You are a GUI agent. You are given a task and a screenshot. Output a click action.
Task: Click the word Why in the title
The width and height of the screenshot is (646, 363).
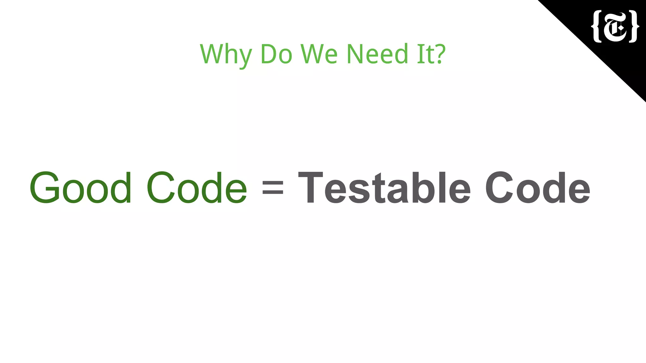(x=226, y=55)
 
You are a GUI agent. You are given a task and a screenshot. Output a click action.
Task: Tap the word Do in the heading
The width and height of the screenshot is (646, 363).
(x=276, y=54)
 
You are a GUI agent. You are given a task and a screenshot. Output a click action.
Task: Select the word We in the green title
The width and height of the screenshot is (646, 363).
(x=319, y=54)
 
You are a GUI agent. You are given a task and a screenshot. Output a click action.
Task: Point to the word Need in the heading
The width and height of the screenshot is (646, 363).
(x=377, y=54)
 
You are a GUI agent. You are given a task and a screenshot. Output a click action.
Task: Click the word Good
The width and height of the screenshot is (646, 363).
(x=80, y=188)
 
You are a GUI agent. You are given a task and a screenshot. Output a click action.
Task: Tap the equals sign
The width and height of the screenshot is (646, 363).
(x=273, y=188)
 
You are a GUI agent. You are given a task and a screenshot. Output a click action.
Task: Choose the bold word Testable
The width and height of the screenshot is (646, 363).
(x=385, y=188)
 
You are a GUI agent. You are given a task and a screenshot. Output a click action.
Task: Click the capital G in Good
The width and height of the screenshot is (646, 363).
(x=45, y=188)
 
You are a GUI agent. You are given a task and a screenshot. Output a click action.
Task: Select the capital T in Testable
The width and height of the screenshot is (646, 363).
(x=310, y=188)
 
